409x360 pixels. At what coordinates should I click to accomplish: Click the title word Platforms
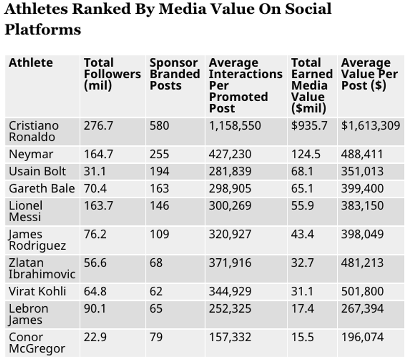[x=43, y=29]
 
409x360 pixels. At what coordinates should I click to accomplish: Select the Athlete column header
[x=31, y=63]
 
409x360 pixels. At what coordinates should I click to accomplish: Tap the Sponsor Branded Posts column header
[x=175, y=74]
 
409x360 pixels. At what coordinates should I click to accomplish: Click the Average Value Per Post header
[x=370, y=74]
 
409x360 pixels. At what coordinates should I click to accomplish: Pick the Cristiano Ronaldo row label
[x=34, y=131]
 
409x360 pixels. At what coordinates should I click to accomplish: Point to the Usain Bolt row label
[x=37, y=171]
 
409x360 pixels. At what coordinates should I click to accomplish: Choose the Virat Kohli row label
[x=37, y=291]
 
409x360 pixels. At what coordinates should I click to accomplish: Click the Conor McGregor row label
[x=37, y=343]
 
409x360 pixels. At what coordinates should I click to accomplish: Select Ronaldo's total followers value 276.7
[x=98, y=126]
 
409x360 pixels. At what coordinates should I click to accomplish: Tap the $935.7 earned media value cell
[x=309, y=126]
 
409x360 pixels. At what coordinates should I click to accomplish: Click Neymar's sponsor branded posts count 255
[x=159, y=154]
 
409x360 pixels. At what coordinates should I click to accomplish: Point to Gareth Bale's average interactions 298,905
[x=230, y=189]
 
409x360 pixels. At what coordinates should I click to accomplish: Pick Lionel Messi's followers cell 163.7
[x=98, y=205]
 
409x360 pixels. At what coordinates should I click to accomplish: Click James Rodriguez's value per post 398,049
[x=362, y=234]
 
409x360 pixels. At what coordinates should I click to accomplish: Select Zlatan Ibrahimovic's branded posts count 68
[x=156, y=263]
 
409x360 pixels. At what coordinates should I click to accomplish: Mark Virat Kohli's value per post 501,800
[x=362, y=291]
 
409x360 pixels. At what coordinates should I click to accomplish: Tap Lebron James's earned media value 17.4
[x=302, y=309]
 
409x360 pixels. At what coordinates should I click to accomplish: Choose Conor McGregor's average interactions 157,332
[x=230, y=337]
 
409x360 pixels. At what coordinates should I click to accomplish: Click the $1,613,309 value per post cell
[x=371, y=126]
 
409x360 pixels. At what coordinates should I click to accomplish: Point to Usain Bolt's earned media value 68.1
[x=302, y=171]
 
